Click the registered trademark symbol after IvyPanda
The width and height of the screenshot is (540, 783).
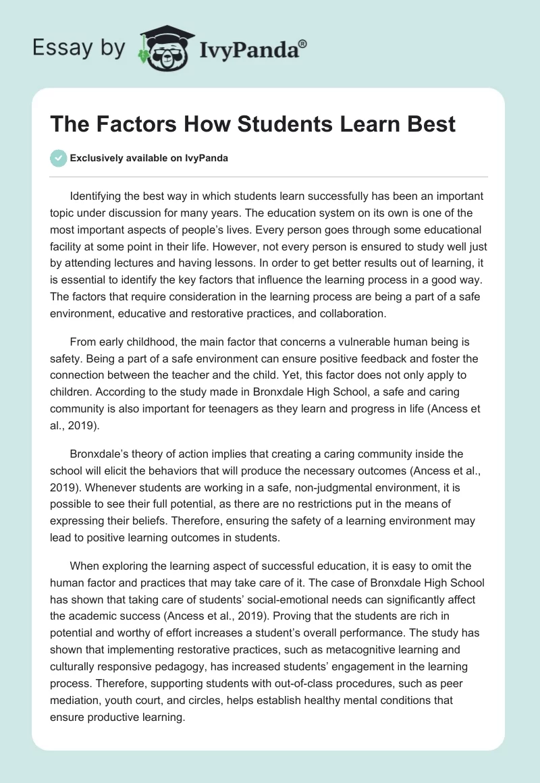click(303, 43)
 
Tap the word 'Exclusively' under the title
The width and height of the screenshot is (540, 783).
click(94, 158)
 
